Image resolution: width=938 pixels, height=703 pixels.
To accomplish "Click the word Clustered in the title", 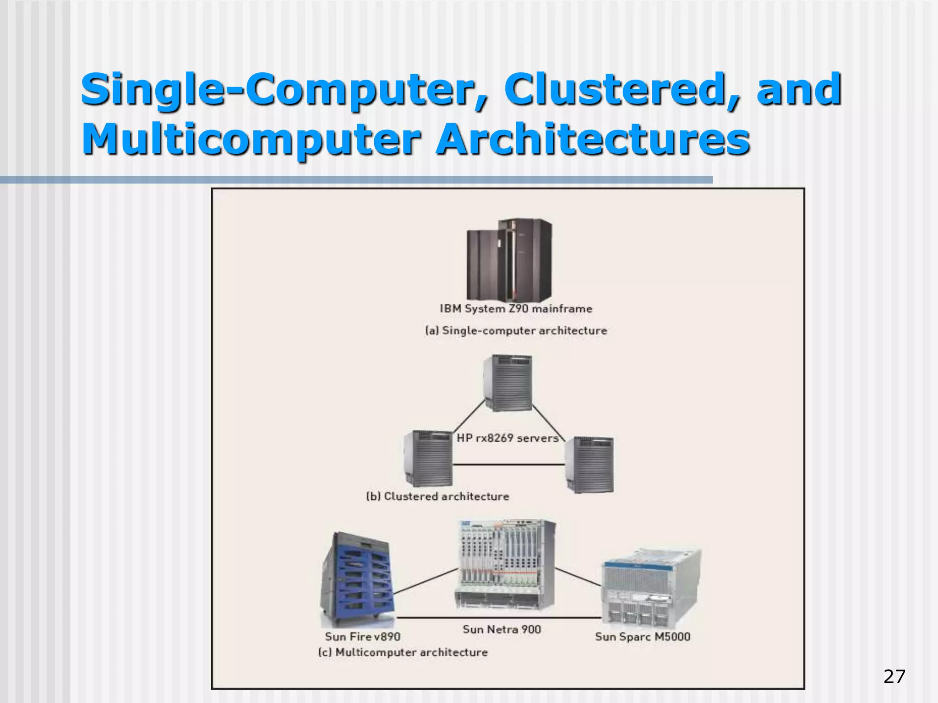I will tap(620, 89).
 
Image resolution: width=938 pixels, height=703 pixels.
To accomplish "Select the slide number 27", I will tap(894, 676).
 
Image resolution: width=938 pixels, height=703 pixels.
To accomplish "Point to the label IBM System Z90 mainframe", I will tap(516, 308).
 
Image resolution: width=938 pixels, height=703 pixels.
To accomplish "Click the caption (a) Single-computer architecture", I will tap(516, 330).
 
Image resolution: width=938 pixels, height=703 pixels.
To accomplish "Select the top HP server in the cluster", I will tap(507, 383).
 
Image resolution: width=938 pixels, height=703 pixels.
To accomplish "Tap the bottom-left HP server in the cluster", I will tap(428, 458).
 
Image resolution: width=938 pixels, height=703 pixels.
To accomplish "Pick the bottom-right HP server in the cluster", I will tap(589, 464).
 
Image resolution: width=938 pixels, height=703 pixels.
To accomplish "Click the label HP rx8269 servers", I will tap(507, 438).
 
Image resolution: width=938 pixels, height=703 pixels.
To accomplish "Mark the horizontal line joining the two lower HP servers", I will tap(508, 465).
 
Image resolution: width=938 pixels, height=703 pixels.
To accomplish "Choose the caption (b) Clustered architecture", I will tap(437, 497).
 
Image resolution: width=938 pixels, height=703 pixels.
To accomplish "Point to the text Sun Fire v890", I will tap(362, 637).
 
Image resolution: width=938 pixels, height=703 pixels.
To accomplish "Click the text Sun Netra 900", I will tap(502, 629).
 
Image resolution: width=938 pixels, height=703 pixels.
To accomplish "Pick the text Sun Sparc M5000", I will tap(642, 637).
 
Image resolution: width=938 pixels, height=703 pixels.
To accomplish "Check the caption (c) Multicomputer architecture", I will tap(403, 652).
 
